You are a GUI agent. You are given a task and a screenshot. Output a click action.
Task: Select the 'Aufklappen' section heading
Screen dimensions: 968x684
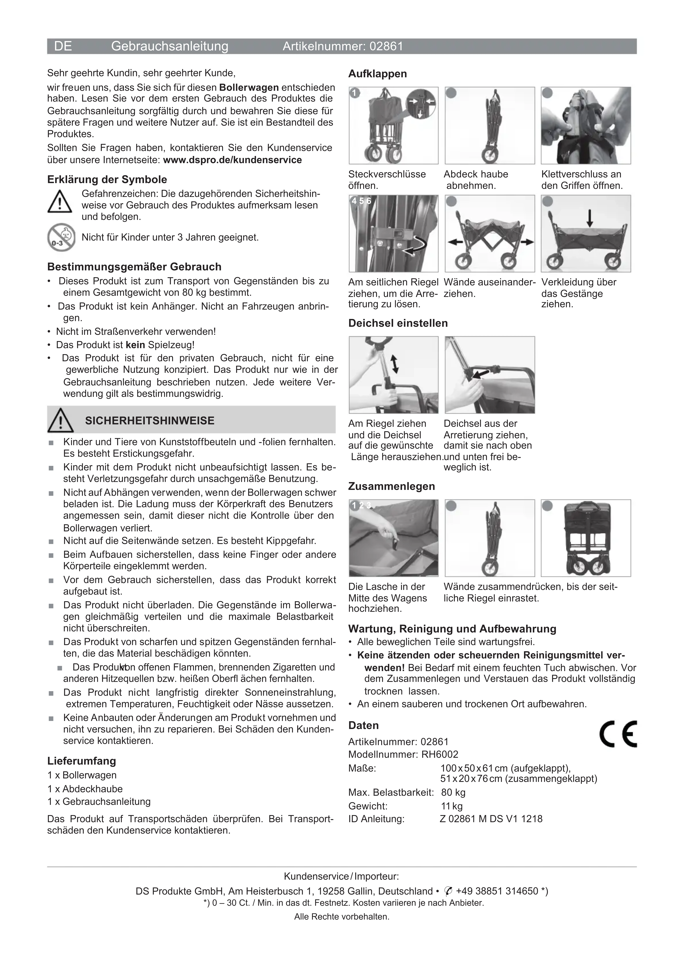(x=377, y=74)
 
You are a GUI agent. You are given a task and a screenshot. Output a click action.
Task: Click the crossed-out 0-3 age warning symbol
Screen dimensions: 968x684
(x=61, y=237)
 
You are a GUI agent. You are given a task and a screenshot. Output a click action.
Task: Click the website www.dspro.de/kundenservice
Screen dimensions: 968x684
(x=232, y=160)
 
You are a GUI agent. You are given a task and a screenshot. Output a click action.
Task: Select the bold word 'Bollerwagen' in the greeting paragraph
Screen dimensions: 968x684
(x=249, y=88)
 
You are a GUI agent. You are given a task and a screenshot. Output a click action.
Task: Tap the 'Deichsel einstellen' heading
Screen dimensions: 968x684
(x=398, y=323)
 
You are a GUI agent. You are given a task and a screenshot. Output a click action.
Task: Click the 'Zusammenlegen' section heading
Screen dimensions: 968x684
(x=391, y=486)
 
